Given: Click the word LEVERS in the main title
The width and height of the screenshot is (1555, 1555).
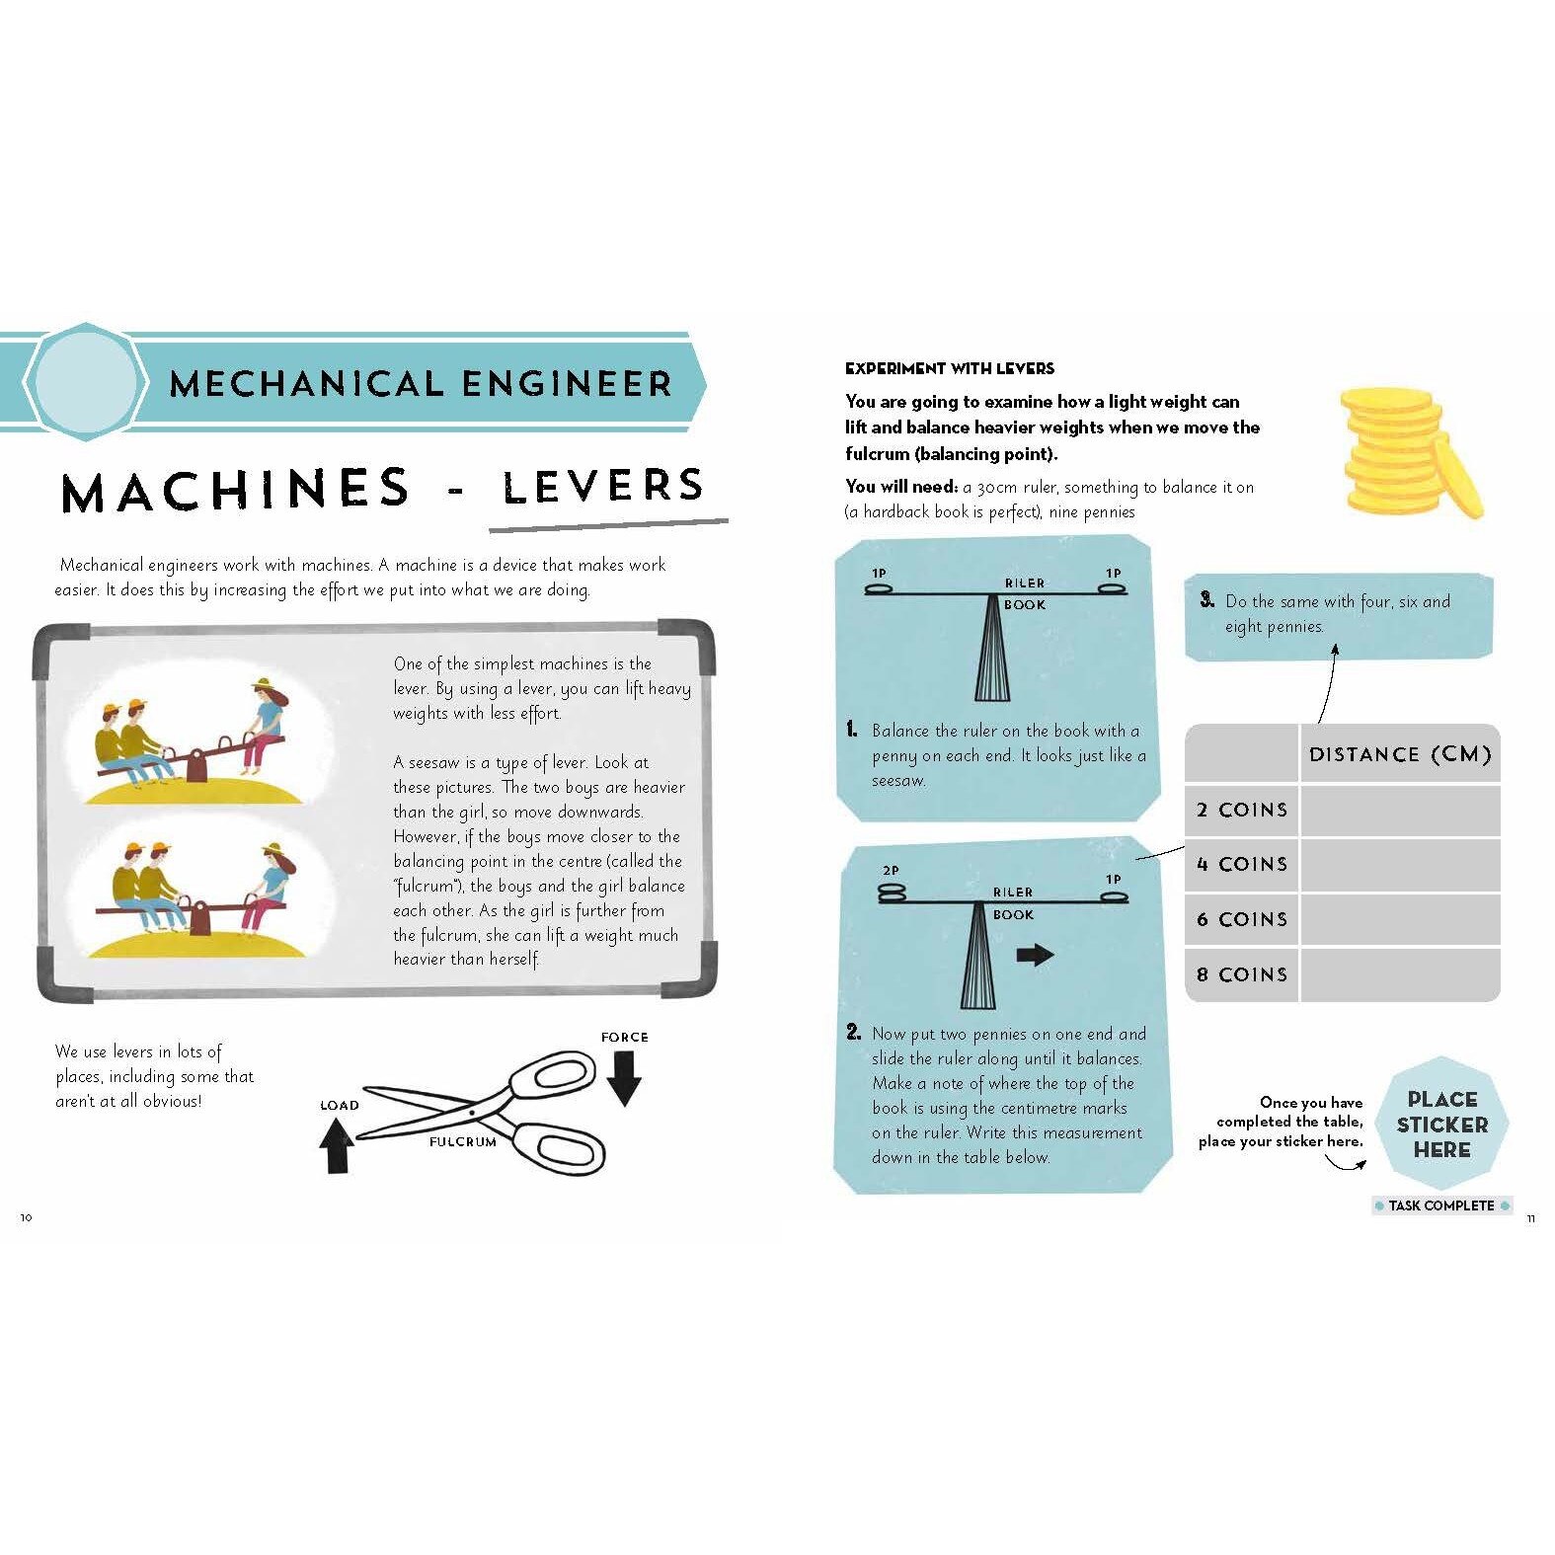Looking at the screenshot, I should click(603, 486).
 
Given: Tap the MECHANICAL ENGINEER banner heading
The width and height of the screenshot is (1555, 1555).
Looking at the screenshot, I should click(421, 383).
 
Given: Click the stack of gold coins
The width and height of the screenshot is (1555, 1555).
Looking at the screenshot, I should click(1408, 451).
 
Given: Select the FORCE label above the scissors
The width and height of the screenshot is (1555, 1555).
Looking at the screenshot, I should click(624, 1037).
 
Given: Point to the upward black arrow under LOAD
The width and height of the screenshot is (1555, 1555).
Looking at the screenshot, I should click(337, 1145).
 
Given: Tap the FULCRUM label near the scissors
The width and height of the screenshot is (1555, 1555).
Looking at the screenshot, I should click(462, 1141).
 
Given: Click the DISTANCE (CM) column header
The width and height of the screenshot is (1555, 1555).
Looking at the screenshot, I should click(1399, 755).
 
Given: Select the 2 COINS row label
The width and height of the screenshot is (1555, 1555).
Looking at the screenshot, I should click(1242, 811).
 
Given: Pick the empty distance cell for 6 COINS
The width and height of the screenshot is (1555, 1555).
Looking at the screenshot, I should click(1399, 919).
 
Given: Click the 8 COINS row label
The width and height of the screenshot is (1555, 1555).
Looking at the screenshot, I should click(1242, 974).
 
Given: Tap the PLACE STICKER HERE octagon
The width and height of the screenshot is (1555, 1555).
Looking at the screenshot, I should click(1441, 1125).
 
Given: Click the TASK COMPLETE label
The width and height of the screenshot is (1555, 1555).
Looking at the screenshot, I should click(1441, 1205).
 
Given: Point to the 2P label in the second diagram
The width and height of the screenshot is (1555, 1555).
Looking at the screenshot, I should click(891, 871).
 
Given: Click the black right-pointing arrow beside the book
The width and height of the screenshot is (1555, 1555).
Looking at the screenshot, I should click(1035, 955).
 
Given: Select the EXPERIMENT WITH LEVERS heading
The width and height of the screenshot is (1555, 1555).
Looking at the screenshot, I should click(949, 368).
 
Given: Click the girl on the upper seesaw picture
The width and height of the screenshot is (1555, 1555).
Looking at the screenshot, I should click(266, 721).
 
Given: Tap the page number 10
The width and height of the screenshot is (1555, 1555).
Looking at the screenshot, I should click(27, 1217).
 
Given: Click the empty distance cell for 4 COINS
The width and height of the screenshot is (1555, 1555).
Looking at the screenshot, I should click(1399, 865).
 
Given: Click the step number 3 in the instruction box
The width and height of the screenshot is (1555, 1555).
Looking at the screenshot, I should click(1206, 599).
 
